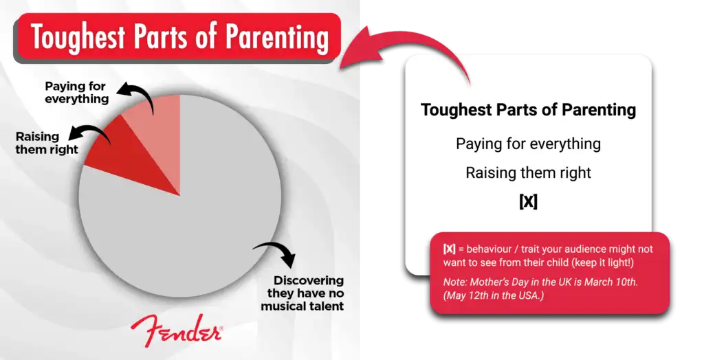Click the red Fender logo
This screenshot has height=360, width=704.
click(177, 330)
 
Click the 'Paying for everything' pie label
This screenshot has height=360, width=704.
click(76, 93)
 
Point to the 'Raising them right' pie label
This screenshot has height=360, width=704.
click(47, 143)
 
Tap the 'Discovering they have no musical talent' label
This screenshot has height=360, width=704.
click(302, 293)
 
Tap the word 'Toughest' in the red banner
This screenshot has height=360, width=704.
click(78, 38)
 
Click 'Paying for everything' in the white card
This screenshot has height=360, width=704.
click(529, 144)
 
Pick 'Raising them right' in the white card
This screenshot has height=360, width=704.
click(529, 173)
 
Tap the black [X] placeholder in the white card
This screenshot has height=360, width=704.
click(529, 201)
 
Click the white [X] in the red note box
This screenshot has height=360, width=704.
click(449, 249)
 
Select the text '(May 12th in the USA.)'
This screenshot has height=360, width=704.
click(494, 296)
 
